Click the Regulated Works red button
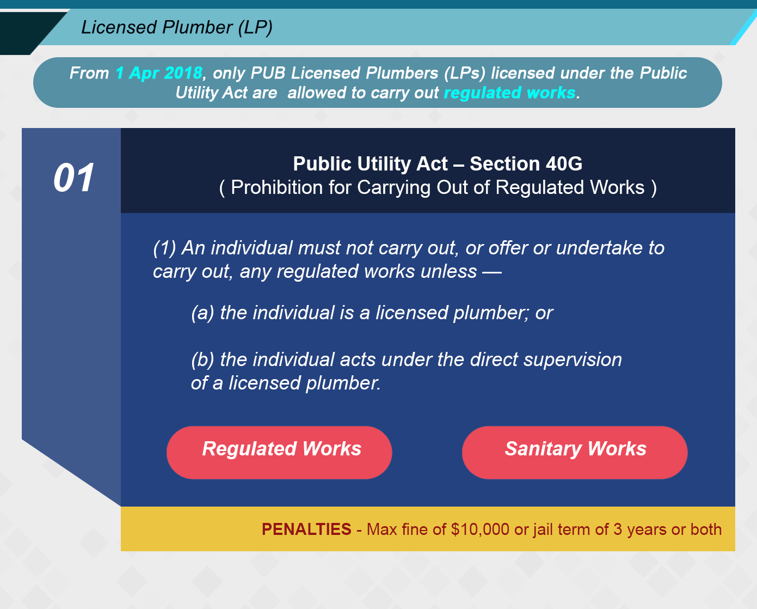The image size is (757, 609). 279,452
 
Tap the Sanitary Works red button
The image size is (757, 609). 575,452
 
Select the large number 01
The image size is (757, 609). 74,178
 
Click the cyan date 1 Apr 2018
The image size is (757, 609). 159,73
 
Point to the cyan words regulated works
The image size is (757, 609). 510,93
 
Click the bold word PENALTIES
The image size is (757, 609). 306,529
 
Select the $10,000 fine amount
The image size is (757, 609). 480,529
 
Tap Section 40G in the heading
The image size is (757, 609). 526,164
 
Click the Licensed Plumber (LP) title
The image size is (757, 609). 177,28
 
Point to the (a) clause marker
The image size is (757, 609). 202,313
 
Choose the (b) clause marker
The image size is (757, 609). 202,360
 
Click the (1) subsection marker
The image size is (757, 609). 164,248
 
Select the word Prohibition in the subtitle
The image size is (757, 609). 277,187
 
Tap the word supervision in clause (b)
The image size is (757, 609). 573,360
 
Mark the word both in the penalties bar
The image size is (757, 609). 706,529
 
